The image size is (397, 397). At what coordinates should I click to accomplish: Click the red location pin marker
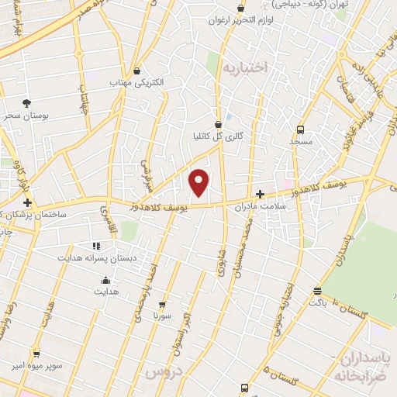(200, 182)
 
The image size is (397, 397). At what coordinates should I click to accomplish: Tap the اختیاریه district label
(245, 67)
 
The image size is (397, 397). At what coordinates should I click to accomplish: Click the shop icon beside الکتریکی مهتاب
(138, 71)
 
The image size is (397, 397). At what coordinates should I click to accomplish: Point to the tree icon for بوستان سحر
(27, 102)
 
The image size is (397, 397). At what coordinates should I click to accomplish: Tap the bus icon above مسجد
(300, 129)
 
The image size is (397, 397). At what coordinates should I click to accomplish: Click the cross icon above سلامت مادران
(260, 194)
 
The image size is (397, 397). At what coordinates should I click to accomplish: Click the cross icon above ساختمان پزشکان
(28, 202)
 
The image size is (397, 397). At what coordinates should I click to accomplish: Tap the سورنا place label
(161, 316)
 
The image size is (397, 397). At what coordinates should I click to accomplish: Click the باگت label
(317, 302)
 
